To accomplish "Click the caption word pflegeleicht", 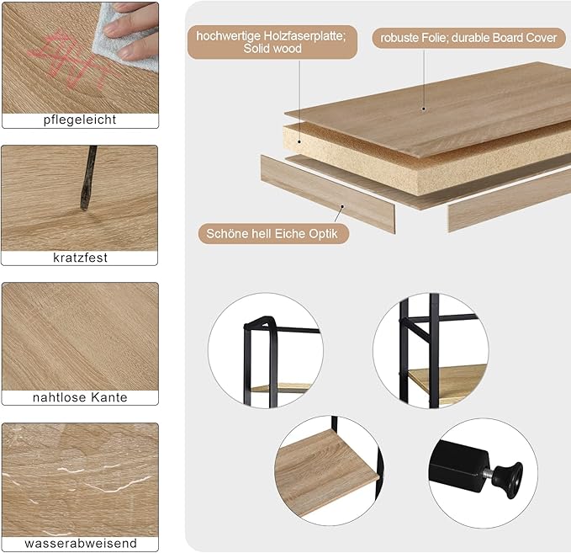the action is pyautogui.click(x=80, y=120).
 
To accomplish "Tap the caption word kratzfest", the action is pyautogui.click(x=80, y=258).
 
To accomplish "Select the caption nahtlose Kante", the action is pyautogui.click(x=80, y=397).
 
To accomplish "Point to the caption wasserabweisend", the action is pyautogui.click(x=81, y=543).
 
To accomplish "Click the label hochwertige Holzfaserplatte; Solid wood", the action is pyautogui.click(x=272, y=42).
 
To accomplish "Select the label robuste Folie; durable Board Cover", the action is pyautogui.click(x=468, y=38).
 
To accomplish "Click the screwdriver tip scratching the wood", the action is pyautogui.click(x=84, y=208).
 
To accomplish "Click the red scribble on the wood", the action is pyautogui.click(x=73, y=60).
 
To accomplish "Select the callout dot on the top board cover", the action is pyautogui.click(x=424, y=109).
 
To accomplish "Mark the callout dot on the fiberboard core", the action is pyautogui.click(x=299, y=141).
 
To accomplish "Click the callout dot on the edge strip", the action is pyautogui.click(x=342, y=206).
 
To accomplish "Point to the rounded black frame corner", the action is pyautogui.click(x=261, y=321).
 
